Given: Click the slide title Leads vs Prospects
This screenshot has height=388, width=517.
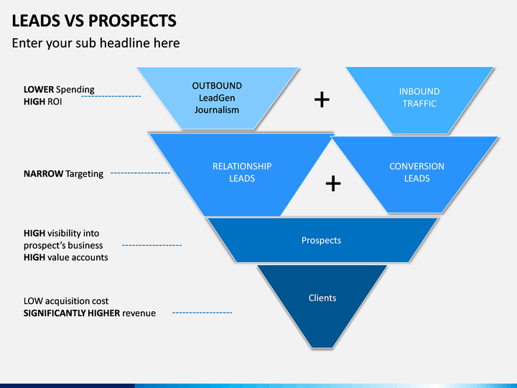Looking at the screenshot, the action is (94, 20).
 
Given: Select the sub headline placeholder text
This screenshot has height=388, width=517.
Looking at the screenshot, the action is (96, 43).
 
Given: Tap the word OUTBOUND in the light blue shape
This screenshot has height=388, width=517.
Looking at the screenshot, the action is (217, 86).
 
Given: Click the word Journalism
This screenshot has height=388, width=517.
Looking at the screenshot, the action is (217, 110).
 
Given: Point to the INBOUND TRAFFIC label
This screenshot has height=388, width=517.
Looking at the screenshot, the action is (419, 97).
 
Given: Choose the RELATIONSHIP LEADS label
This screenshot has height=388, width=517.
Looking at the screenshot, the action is (242, 172).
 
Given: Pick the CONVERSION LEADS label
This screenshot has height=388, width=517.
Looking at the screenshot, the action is (416, 172).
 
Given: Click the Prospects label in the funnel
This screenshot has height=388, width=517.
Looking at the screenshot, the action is (321, 240).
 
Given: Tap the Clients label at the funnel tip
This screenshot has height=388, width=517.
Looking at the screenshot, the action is (322, 298).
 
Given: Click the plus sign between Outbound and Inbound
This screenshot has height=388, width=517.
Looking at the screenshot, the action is (322, 100).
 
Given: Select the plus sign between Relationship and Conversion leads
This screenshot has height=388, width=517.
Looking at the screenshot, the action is (333, 183).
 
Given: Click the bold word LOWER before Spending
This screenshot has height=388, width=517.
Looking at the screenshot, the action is (39, 89).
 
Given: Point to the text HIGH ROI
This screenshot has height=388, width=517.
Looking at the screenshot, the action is (42, 101).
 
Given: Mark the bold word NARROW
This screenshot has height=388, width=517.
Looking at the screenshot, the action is (43, 174).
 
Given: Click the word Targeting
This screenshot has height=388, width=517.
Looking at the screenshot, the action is (85, 174).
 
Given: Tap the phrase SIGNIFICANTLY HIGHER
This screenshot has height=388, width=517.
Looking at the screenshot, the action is (72, 313).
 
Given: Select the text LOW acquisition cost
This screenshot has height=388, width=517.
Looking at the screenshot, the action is (66, 301).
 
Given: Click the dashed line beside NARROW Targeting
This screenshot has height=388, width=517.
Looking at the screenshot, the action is (141, 173).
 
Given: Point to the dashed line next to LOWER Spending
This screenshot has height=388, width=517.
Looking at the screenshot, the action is (111, 96).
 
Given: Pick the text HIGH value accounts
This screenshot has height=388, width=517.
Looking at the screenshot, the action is (65, 257).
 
